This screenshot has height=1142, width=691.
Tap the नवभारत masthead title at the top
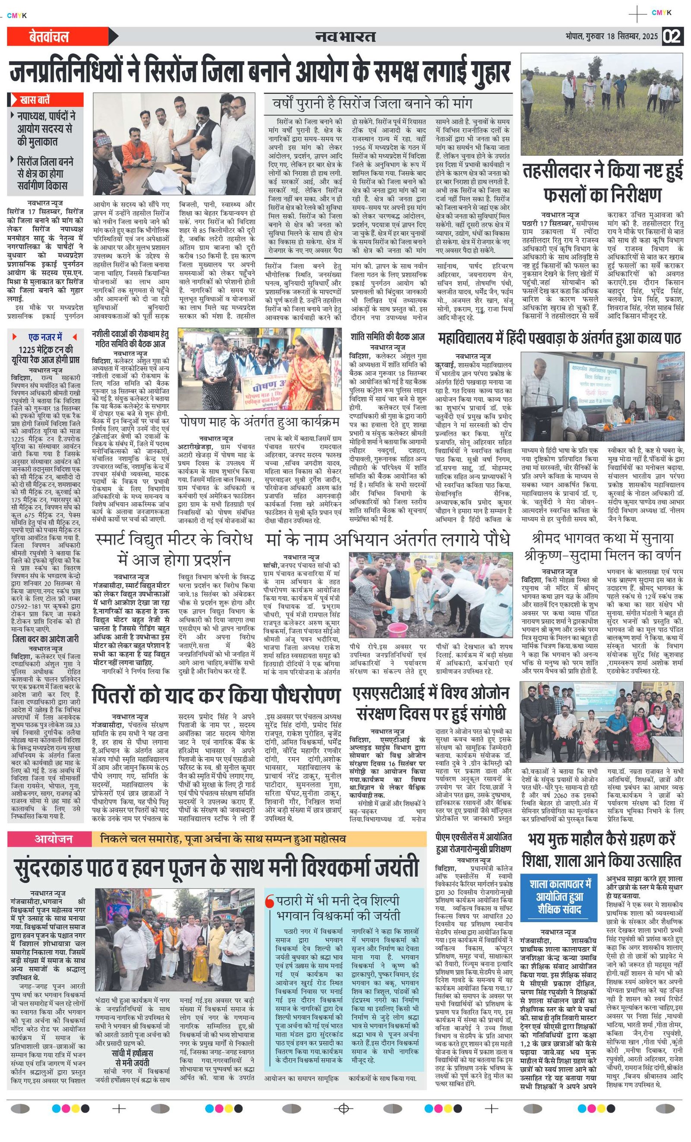pyautogui.click(x=345, y=37)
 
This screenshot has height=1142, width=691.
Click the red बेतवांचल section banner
pyautogui.click(x=49, y=37)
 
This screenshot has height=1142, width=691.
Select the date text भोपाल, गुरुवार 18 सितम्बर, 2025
pyautogui.click(x=611, y=37)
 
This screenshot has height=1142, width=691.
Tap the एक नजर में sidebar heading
pyautogui.click(x=45, y=337)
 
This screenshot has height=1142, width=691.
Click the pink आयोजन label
pyautogui.click(x=53, y=839)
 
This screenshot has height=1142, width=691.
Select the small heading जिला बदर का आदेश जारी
pyautogui.click(x=45, y=639)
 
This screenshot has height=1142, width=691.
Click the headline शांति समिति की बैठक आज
pyautogui.click(x=387, y=337)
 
